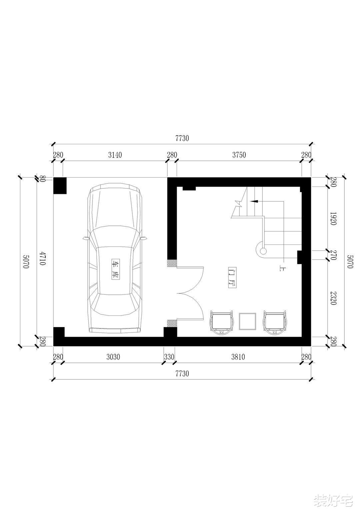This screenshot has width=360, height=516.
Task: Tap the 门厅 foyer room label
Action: point(232,277)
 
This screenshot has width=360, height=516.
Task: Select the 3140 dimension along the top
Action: point(115,155)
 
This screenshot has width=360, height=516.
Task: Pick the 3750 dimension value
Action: point(239,155)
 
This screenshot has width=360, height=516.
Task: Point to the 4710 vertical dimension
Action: point(42,258)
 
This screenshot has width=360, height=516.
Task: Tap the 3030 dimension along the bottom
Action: point(113,357)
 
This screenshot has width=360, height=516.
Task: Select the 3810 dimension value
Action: point(238,357)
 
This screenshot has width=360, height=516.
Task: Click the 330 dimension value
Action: point(169,357)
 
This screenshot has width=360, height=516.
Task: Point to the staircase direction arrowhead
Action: point(254,201)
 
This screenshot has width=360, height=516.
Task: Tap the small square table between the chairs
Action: point(248,321)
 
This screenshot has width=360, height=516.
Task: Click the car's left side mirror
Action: point(86,239)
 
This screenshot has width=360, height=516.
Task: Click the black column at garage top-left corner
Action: point(60,186)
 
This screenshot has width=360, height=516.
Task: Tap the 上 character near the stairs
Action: point(281,268)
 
